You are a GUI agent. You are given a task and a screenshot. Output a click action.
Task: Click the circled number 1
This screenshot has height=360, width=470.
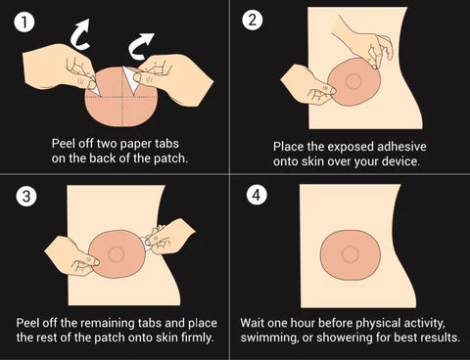tap(24, 22)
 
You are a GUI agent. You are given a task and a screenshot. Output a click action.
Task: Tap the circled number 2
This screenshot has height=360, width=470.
tap(253, 21)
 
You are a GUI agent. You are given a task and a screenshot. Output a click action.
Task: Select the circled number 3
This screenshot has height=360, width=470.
tap(26, 196)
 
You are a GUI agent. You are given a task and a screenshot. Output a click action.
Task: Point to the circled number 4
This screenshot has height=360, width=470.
tap(257, 195)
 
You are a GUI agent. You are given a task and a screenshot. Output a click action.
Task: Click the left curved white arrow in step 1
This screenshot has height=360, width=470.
tap(79, 34)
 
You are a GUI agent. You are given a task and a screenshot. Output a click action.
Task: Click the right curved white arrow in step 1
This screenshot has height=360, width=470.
tap(139, 47)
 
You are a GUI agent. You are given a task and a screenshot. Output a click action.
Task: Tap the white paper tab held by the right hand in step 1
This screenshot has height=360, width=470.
tap(131, 79)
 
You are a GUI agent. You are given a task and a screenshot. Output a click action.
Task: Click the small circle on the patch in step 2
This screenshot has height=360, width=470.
tap(353, 81)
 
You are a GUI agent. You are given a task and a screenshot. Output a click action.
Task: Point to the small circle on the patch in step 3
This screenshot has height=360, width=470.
tap(116, 254)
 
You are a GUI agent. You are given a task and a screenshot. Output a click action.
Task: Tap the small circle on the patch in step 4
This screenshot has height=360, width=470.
tap(351, 255)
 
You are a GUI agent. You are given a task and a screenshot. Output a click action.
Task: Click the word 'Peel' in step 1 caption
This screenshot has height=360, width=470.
tap(64, 144)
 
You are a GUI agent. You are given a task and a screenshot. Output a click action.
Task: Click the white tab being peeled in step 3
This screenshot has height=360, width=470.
tap(146, 243)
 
